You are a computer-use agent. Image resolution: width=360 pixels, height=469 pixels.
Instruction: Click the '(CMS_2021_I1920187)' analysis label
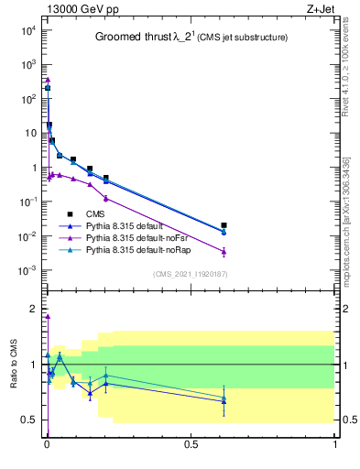coord(191,274)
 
